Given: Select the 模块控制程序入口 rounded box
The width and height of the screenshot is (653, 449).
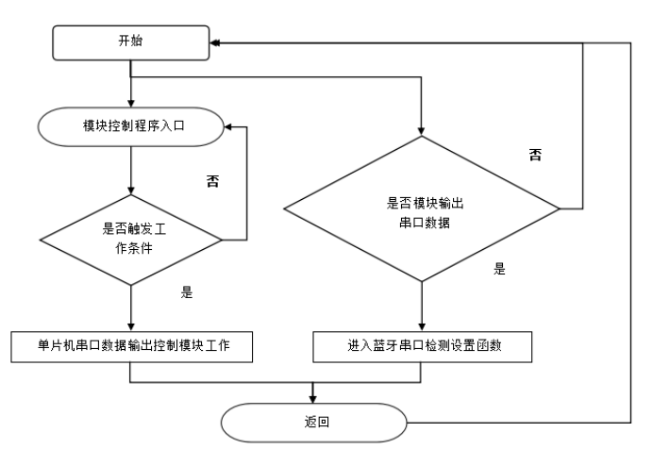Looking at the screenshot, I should (131, 125).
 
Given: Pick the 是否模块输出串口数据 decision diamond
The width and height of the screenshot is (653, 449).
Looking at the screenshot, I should (423, 207).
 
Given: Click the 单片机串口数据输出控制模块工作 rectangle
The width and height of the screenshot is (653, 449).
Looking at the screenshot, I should (131, 346).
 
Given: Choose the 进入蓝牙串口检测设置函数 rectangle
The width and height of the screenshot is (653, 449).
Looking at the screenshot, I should (423, 346).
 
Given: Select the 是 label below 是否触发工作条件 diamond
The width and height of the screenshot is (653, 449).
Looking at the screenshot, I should (186, 293).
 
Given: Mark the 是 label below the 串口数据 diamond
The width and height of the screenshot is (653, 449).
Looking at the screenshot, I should (499, 269).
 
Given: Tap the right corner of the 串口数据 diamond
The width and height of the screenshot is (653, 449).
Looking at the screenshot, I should (560, 207).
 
